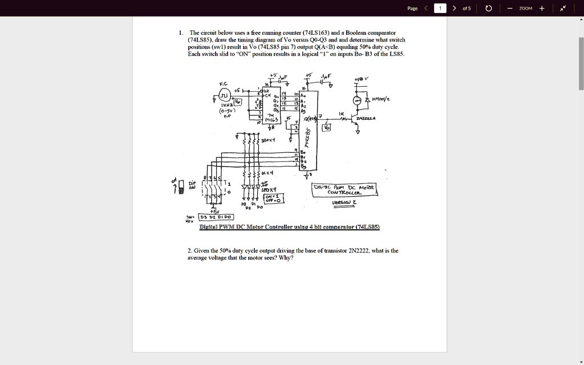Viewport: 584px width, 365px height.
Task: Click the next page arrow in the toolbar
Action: [455, 8]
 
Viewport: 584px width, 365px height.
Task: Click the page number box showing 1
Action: [440, 8]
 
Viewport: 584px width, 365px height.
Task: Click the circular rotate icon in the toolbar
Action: [488, 8]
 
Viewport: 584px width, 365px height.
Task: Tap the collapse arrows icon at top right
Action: [563, 8]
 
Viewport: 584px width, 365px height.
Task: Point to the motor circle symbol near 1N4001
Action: [358, 100]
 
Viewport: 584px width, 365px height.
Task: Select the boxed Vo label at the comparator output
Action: [326, 128]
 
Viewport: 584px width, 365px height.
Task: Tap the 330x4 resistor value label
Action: [268, 139]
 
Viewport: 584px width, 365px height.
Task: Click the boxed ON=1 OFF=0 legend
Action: [271, 197]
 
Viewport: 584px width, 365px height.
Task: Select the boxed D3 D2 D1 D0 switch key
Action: [216, 217]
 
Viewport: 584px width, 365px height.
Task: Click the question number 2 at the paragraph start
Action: [189, 250]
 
